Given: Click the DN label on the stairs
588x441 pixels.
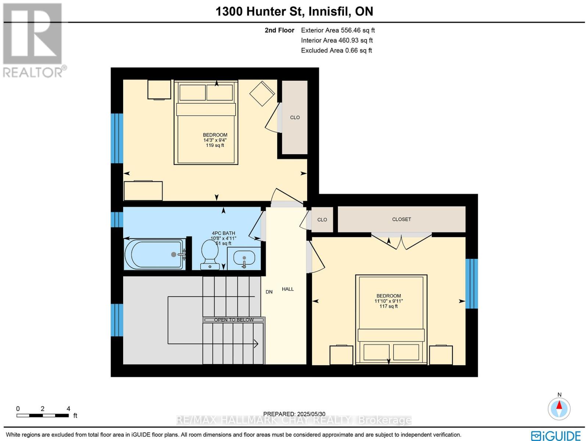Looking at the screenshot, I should pyautogui.click(x=269, y=292).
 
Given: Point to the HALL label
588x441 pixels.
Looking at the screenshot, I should pyautogui.click(x=288, y=289).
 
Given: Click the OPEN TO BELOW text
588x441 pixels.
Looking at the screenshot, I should pyautogui.click(x=234, y=320).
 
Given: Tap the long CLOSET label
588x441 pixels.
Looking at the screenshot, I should pyautogui.click(x=401, y=219).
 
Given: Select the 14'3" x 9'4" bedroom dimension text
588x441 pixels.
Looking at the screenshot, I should pyautogui.click(x=215, y=140).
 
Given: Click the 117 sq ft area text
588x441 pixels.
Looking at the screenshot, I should pyautogui.click(x=388, y=306).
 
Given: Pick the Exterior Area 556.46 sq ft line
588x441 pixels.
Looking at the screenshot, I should pyautogui.click(x=337, y=31).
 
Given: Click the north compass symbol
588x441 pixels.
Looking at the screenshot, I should pyautogui.click(x=559, y=408).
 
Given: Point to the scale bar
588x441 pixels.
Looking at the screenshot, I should pyautogui.click(x=43, y=415).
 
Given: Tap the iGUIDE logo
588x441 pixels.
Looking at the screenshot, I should pyautogui.click(x=556, y=435).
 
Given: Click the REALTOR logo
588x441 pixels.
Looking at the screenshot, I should pyautogui.click(x=33, y=40).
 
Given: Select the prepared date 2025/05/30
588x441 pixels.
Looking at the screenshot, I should pyautogui.click(x=294, y=414).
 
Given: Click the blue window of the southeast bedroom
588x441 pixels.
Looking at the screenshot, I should pyautogui.click(x=472, y=283).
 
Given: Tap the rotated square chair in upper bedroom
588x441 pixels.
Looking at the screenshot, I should pyautogui.click(x=262, y=94).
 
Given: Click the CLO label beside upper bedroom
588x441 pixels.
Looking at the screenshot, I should pyautogui.click(x=295, y=117).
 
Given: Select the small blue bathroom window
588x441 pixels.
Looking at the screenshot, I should pyautogui.click(x=117, y=219).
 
